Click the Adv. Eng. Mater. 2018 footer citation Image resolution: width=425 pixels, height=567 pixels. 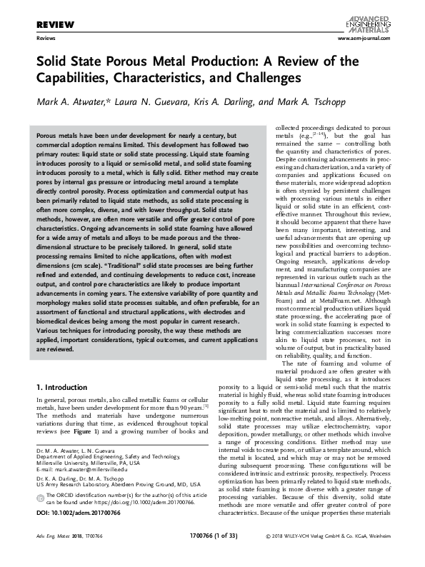(65, 555)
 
